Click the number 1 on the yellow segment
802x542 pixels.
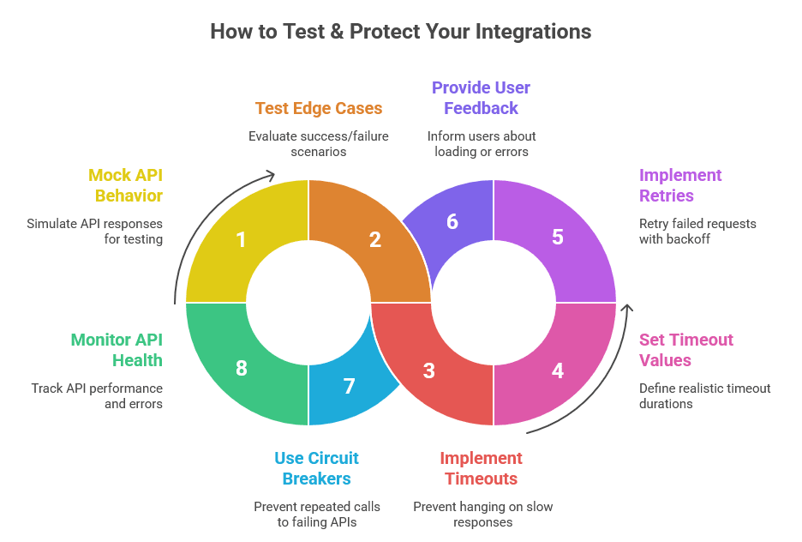point(241,239)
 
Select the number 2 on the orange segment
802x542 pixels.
point(374,239)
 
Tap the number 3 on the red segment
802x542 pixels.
point(429,370)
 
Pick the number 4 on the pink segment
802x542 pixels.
point(558,370)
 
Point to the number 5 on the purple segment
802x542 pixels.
point(558,237)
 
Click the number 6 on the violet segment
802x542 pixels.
point(452,221)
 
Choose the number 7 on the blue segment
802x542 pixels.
point(349,386)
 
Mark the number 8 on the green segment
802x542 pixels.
point(241,369)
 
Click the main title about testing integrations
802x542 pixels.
point(401,32)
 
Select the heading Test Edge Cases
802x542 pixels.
point(319,108)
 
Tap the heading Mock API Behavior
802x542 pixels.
point(125,185)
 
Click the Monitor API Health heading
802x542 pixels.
point(117,349)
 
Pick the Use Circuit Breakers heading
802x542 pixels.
point(316,468)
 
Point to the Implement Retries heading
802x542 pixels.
point(680,185)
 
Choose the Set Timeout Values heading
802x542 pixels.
point(685,350)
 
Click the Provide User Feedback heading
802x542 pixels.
point(481,98)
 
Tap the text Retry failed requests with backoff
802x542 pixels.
point(697,232)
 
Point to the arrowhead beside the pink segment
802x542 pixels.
point(627,308)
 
